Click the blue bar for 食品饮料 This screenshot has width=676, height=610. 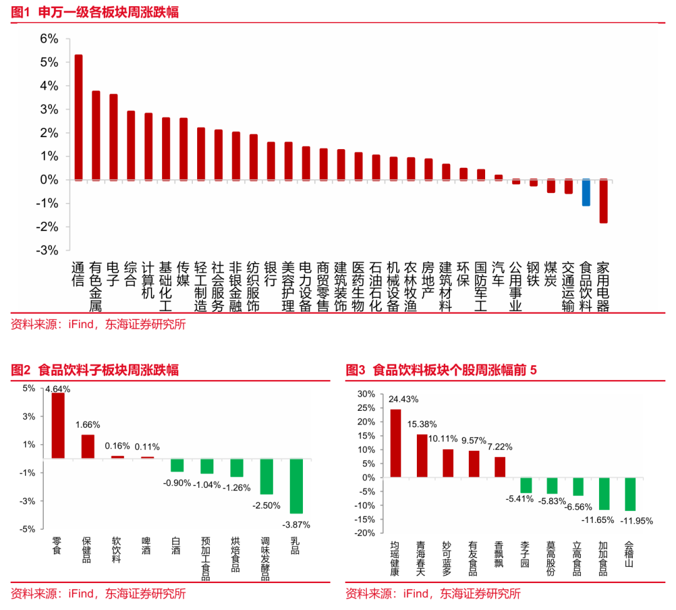click(x=586, y=193)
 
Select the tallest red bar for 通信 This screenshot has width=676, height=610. click(x=78, y=118)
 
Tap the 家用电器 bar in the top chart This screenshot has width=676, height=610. click(x=603, y=201)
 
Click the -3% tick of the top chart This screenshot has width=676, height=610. click(x=48, y=250)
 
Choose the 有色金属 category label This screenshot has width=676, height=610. click(x=96, y=287)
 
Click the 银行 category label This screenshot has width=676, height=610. click(x=271, y=274)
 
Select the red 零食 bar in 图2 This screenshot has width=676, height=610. click(x=58, y=426)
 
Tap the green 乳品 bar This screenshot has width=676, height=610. click(x=296, y=486)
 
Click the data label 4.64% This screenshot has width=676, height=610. click(x=58, y=389)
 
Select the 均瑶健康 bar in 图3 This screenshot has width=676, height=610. click(x=396, y=443)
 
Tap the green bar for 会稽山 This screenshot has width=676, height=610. click(x=630, y=494)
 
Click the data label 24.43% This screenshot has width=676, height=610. click(x=404, y=399)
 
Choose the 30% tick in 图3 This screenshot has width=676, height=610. click(x=366, y=394)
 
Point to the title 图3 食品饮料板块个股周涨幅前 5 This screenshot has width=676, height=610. click(x=442, y=370)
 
